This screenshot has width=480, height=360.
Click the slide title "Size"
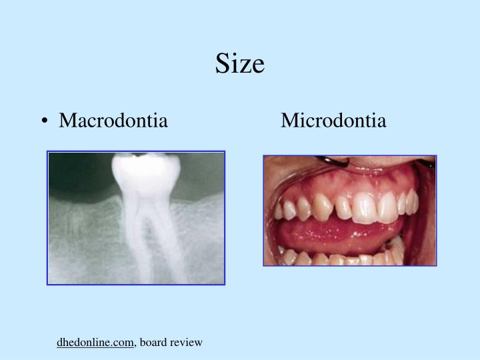pyautogui.click(x=240, y=64)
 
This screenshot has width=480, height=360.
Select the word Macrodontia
pyautogui.click(x=113, y=121)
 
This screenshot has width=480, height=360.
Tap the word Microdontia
pyautogui.click(x=333, y=121)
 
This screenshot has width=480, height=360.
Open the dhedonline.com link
pyautogui.click(x=95, y=343)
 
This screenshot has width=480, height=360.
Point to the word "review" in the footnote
pyautogui.click(x=186, y=343)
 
